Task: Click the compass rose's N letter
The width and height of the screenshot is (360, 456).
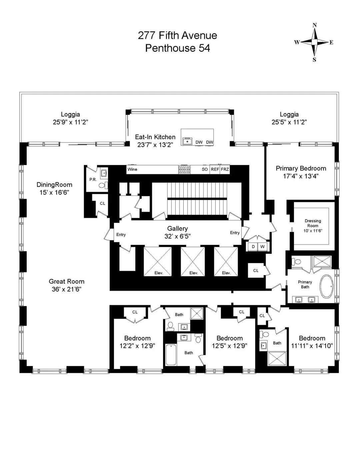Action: coord(315,25)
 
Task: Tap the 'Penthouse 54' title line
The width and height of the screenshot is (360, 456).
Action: coord(177,48)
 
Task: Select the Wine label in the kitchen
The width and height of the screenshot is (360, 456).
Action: coord(132,169)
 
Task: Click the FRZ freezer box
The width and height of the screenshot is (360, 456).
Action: coord(225,169)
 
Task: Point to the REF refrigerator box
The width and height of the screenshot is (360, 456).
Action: coord(215,169)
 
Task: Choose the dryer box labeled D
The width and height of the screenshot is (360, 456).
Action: coord(253,247)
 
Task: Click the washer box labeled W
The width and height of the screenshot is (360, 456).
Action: coord(263,247)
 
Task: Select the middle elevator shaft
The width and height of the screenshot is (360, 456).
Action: coord(193,262)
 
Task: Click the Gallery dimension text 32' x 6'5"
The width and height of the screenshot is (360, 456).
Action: coord(177,236)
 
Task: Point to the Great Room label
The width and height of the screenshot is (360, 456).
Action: coord(66,282)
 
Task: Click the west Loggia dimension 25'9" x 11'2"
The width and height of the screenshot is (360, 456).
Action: coord(71,122)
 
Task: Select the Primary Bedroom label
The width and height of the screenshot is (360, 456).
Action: coord(301,168)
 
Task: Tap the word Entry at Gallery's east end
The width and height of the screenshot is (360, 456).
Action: coord(235,233)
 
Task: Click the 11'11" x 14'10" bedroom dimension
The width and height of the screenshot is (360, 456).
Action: coord(312,346)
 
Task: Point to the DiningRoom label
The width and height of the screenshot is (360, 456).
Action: coord(54,185)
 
